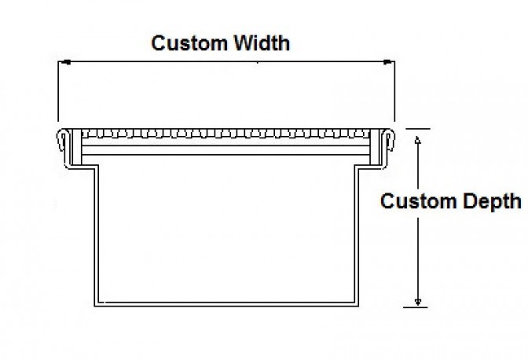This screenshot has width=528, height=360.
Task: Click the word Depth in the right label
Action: click(490, 201)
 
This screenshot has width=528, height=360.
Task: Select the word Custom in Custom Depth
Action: click(416, 201)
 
